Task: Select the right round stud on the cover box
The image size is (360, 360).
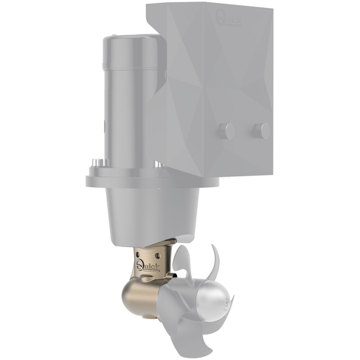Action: [x=262, y=131]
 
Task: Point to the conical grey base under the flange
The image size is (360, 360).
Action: [x=151, y=211]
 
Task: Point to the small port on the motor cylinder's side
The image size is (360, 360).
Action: [x=104, y=124]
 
